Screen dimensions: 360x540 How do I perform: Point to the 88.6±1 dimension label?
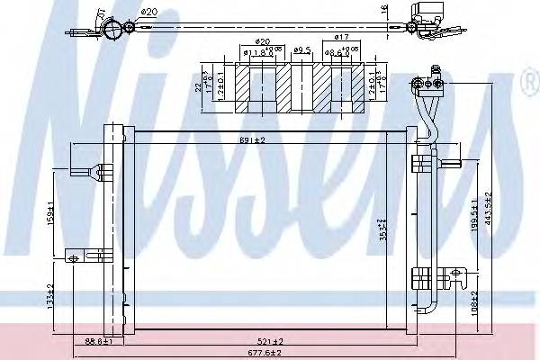(97, 341)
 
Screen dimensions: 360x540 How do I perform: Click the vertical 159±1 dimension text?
(54, 215)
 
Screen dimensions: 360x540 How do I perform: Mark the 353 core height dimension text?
(357, 230)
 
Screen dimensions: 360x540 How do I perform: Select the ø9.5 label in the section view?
(301, 50)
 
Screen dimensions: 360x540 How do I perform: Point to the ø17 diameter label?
(341, 37)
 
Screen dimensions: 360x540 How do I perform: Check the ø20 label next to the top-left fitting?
(150, 12)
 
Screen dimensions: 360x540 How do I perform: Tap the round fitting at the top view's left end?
(112, 31)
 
